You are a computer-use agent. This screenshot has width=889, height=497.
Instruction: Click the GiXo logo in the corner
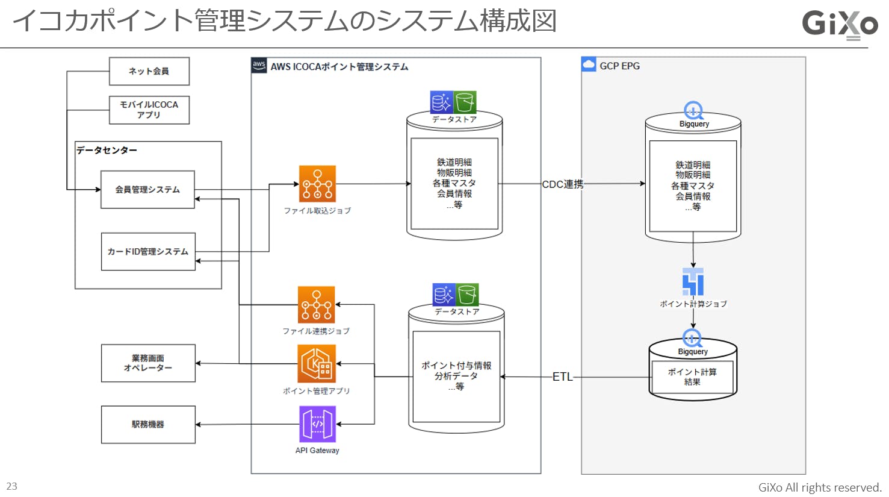pos(840,24)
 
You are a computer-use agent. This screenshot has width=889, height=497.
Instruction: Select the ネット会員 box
pos(149,71)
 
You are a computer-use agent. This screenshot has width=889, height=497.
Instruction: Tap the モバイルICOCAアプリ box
pos(149,110)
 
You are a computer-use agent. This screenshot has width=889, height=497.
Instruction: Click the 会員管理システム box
pos(147,190)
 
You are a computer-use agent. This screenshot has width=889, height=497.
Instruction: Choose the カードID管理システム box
pos(148,252)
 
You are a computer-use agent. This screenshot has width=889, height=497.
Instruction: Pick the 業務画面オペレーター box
pos(148,363)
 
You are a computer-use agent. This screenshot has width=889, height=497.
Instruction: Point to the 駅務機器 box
pos(148,425)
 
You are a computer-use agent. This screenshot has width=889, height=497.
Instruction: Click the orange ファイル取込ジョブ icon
pos(317,184)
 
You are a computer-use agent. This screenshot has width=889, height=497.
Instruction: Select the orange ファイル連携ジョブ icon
pos(316,305)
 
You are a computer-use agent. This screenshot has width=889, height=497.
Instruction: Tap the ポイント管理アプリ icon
pos(317,363)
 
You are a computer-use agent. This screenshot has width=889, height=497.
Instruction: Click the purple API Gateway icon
pos(317,424)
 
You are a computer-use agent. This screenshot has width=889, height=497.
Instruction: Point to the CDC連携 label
pos(563,184)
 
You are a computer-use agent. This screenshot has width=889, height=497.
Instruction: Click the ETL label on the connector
pos(563,377)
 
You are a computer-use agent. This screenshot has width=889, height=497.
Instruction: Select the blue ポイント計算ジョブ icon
pos(693,281)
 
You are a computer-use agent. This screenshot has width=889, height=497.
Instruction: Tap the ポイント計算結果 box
pos(692,377)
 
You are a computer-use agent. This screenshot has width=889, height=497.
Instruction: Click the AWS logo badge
pos(259,66)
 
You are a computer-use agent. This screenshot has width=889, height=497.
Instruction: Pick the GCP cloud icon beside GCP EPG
pos(589,64)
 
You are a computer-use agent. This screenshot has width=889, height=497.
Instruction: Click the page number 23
pos(12,486)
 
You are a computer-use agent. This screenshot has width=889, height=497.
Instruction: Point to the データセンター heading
pos(107,150)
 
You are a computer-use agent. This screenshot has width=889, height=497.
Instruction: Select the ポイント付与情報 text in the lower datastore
pos(456,366)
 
